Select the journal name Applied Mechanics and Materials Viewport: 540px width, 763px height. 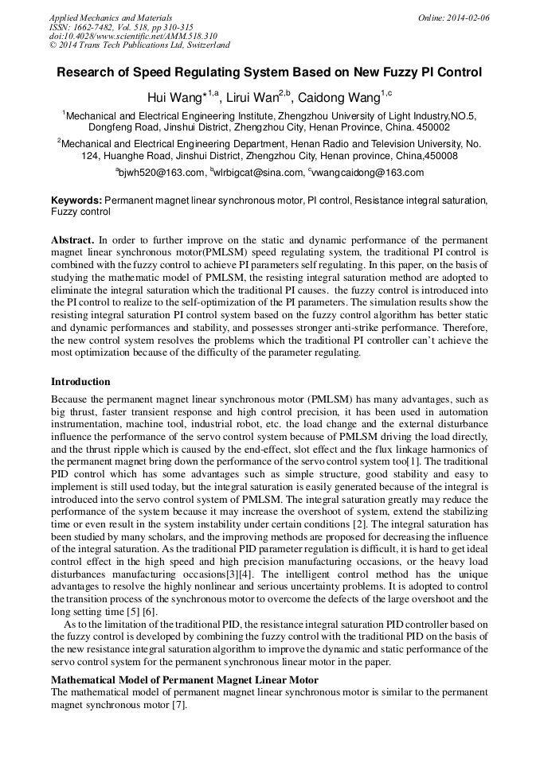point(110,18)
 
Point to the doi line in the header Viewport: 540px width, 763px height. point(134,37)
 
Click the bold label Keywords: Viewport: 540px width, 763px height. point(76,201)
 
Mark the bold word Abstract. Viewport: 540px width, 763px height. point(72,239)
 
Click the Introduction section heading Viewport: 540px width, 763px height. point(80,382)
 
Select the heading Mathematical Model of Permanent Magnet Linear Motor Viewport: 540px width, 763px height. point(185,680)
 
